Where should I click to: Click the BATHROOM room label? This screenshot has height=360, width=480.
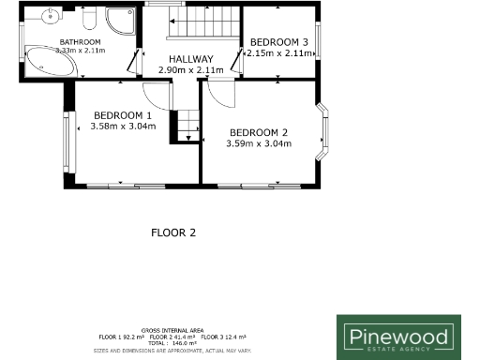pyautogui.click(x=81, y=42)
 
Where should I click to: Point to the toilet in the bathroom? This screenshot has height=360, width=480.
pyautogui.click(x=89, y=20)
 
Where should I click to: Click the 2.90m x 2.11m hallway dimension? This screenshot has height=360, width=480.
pyautogui.click(x=190, y=69)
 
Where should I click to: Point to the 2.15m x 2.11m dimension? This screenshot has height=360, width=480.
pyautogui.click(x=277, y=53)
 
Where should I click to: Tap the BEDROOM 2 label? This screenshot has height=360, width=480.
pyautogui.click(x=259, y=132)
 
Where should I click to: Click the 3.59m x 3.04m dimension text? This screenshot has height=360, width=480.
pyautogui.click(x=259, y=143)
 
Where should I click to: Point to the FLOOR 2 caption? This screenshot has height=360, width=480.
pyautogui.click(x=173, y=232)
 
